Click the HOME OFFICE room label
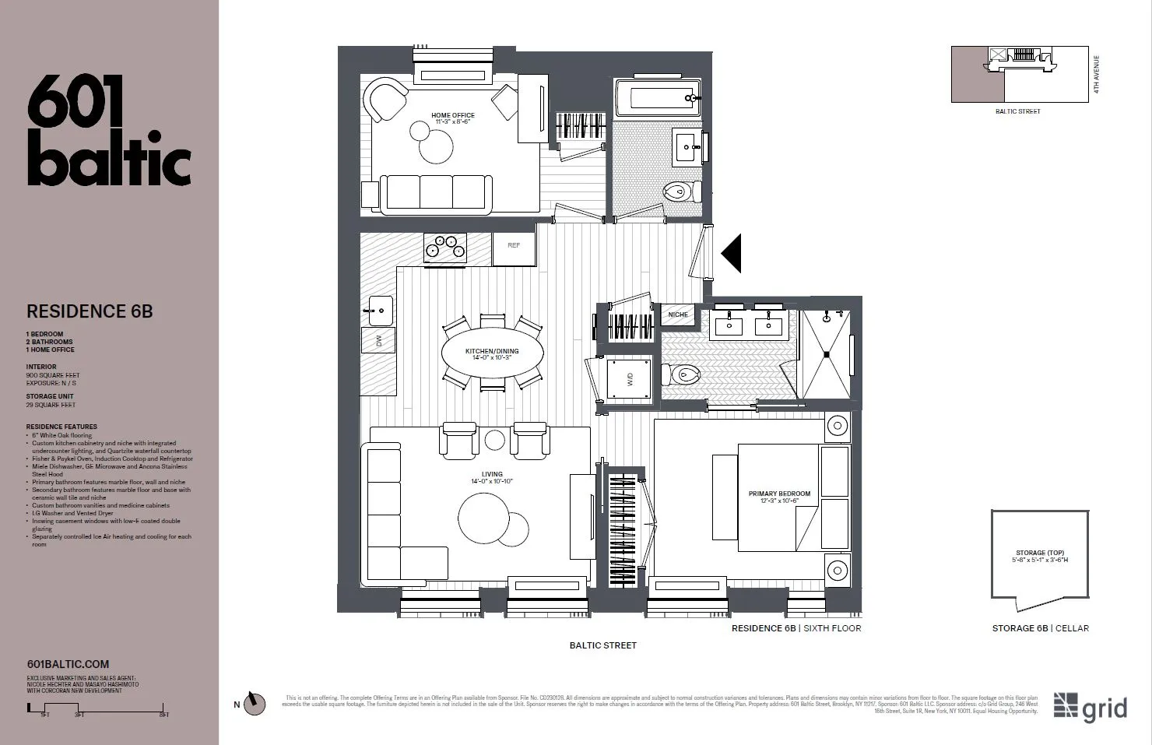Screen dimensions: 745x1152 pyautogui.click(x=453, y=115)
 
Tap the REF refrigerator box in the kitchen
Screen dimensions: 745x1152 pyautogui.click(x=514, y=246)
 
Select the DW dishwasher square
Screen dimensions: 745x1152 pyautogui.click(x=379, y=340)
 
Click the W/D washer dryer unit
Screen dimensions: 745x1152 pyautogui.click(x=630, y=379)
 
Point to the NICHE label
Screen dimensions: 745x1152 pyautogui.click(x=678, y=315)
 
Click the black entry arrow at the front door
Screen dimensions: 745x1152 pyautogui.click(x=731, y=253)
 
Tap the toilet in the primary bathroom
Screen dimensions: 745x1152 pyautogui.click(x=683, y=374)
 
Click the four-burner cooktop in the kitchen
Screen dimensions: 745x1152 pyautogui.click(x=445, y=247)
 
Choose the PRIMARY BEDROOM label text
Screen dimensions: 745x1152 pyautogui.click(x=779, y=494)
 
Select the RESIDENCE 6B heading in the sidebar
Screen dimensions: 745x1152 pyautogui.click(x=90, y=311)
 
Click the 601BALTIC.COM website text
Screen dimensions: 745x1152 pyautogui.click(x=68, y=664)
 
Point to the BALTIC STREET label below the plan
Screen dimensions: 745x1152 pyautogui.click(x=602, y=645)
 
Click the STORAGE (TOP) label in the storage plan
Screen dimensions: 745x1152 pyautogui.click(x=1040, y=553)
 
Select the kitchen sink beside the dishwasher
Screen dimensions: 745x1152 pyautogui.click(x=379, y=311)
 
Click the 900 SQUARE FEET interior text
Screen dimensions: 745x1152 pyautogui.click(x=53, y=375)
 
